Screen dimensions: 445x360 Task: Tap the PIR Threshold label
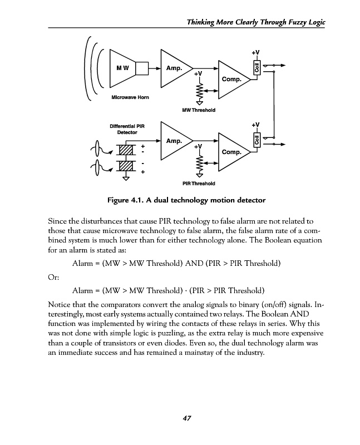click(199, 183)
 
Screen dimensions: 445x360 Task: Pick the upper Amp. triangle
click(175, 68)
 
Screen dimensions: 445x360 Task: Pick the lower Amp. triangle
click(175, 141)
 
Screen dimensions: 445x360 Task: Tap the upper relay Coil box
click(256, 68)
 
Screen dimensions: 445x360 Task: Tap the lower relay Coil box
click(256, 141)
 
